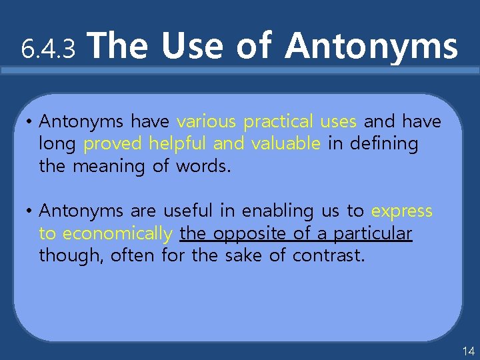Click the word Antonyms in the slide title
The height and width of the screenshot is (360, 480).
pyautogui.click(x=371, y=47)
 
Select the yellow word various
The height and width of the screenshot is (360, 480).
pyautogui.click(x=207, y=121)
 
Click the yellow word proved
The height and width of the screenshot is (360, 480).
pyautogui.click(x=113, y=144)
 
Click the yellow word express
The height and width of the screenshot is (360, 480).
pyautogui.click(x=402, y=212)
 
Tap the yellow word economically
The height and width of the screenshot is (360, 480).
pyautogui.click(x=117, y=233)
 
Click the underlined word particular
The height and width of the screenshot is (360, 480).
pyautogui.click(x=373, y=233)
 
